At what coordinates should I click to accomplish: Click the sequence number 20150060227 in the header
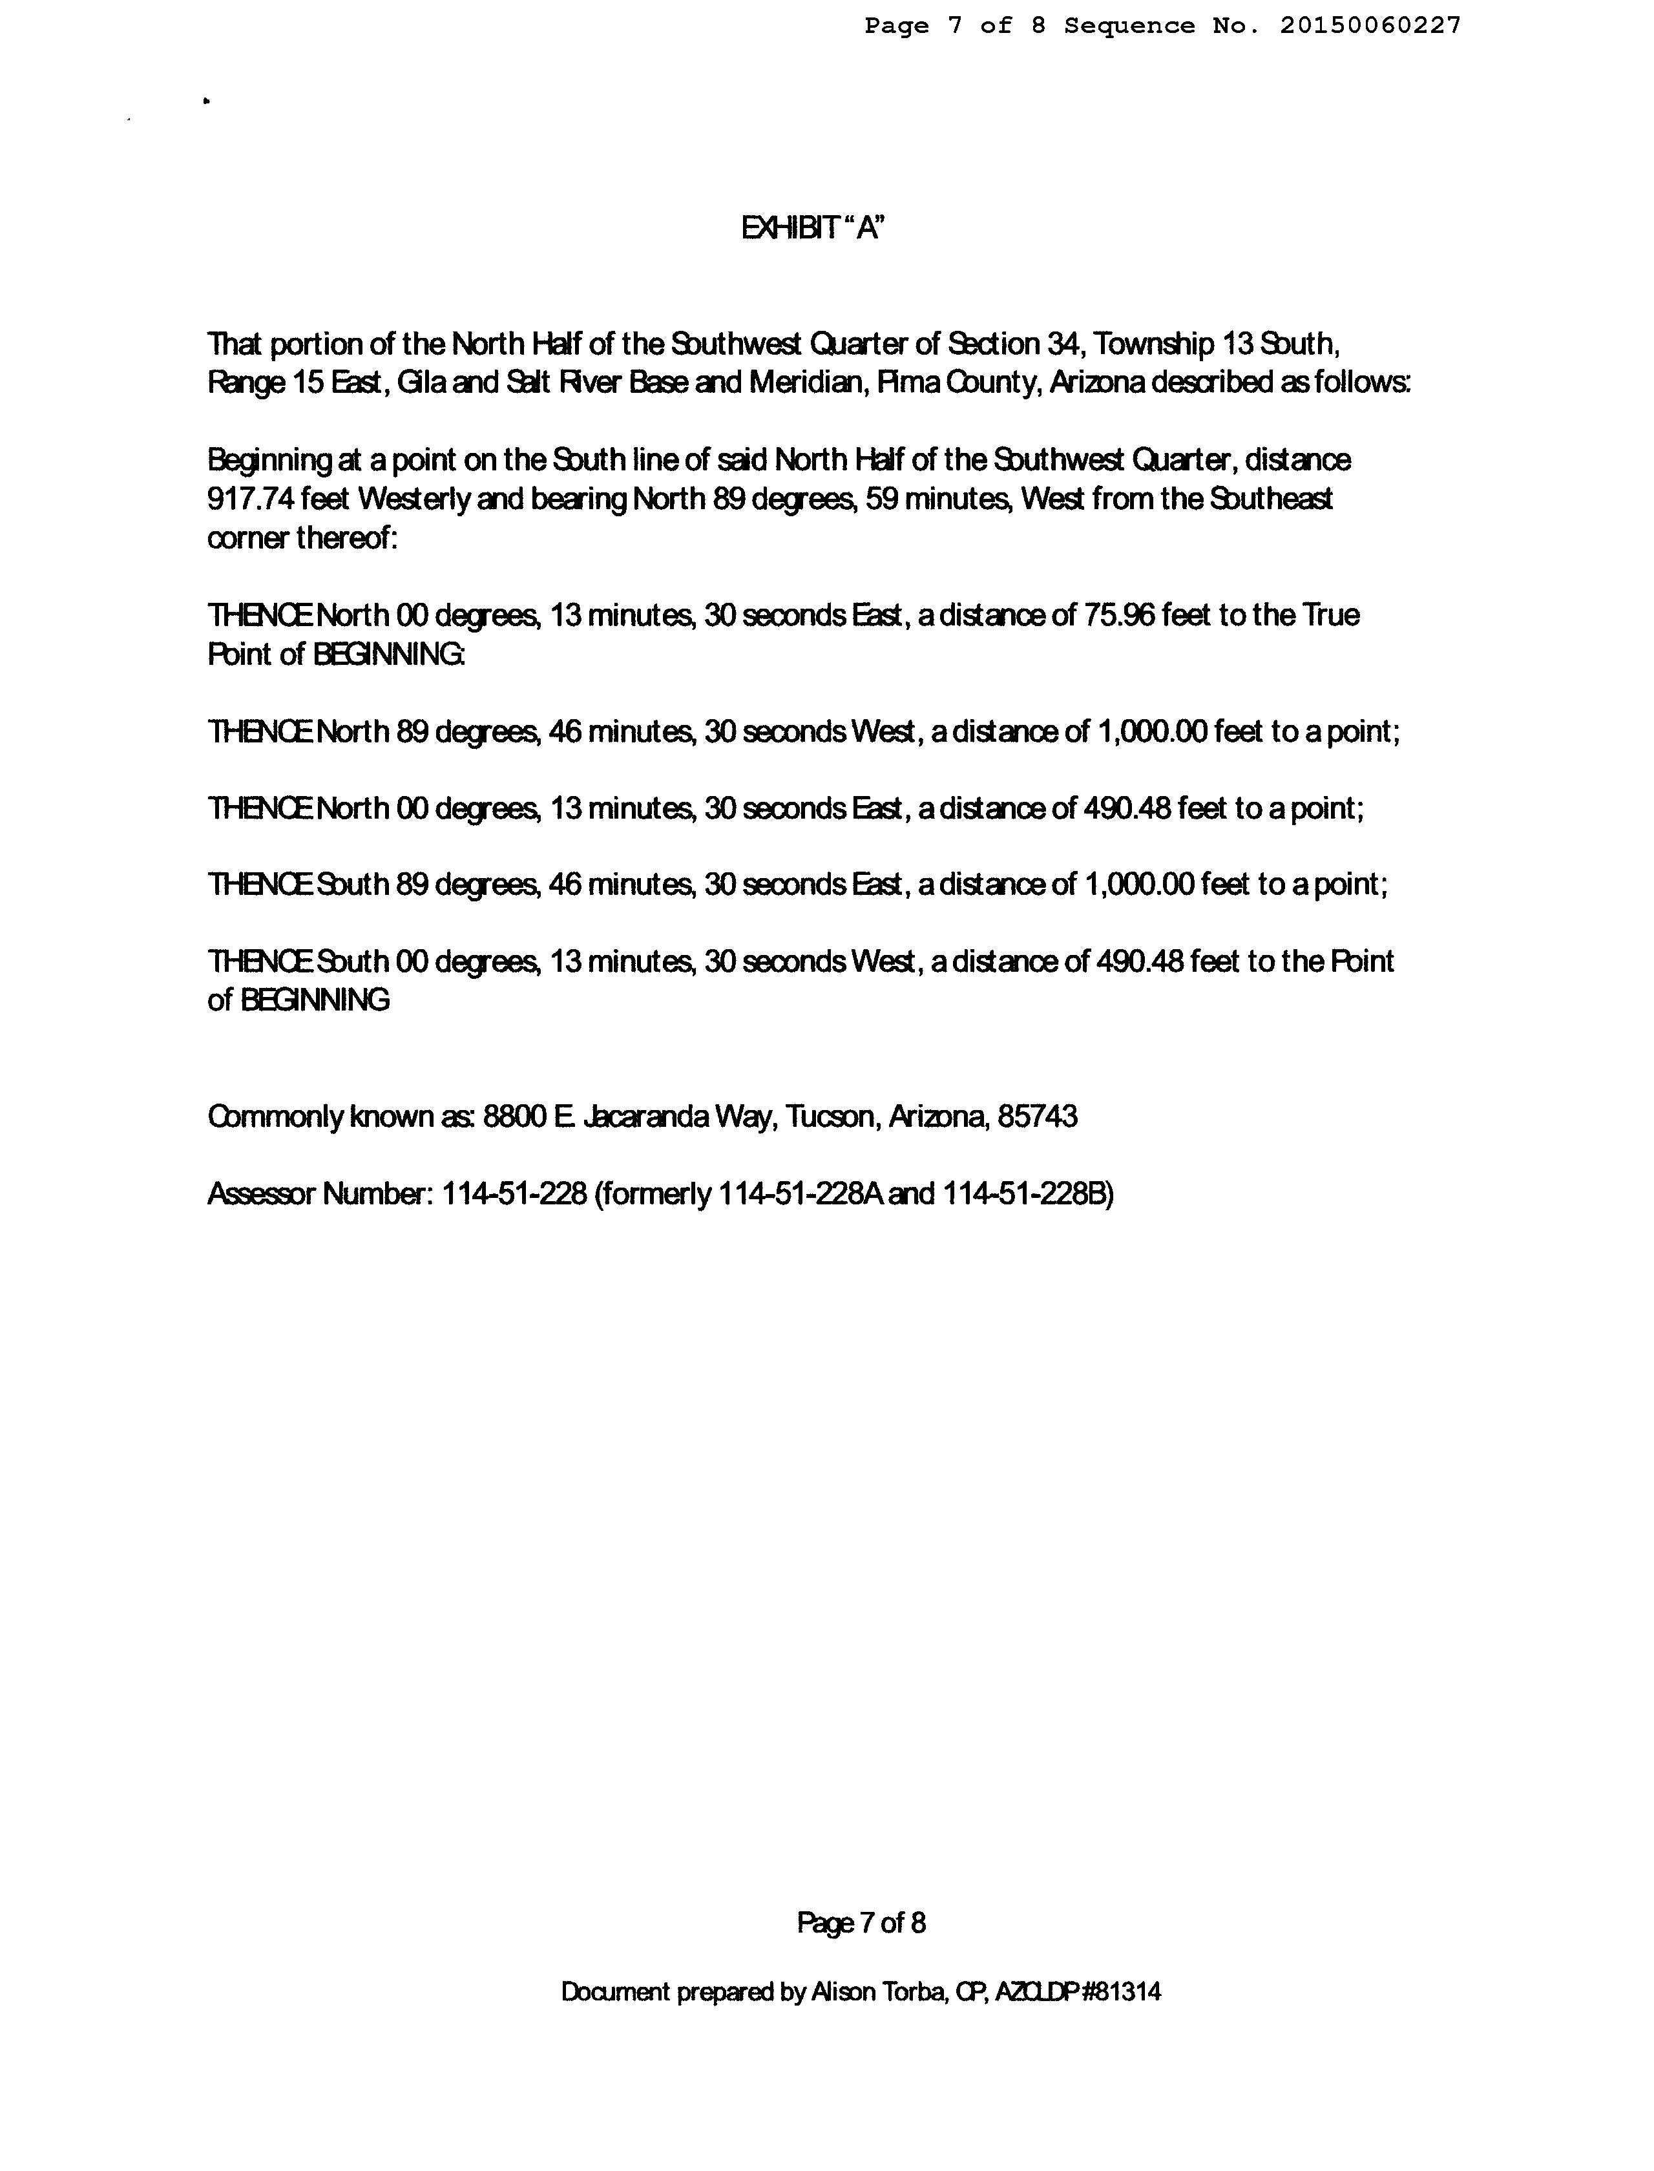pos(1370,26)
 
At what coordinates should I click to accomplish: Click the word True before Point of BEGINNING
pos(1331,615)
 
